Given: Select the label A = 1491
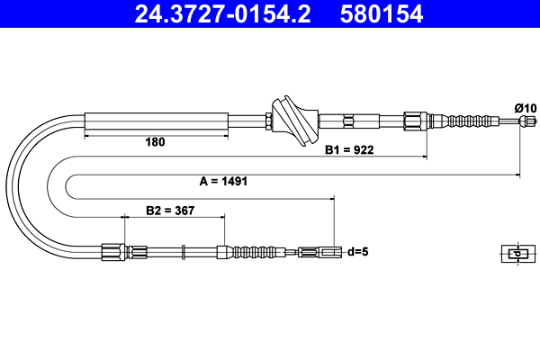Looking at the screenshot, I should coord(223,181).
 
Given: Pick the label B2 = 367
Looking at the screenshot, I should coord(171,211).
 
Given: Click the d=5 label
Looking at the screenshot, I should coord(358,252).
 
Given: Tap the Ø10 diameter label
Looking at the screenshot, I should coord(525,107).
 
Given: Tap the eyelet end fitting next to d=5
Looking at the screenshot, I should coord(320,252).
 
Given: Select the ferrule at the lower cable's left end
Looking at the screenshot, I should coord(112,253).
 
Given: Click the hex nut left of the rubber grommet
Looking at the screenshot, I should coord(270,120).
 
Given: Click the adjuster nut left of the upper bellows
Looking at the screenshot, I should coord(414,120).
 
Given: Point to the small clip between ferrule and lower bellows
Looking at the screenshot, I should coord(184,252).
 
